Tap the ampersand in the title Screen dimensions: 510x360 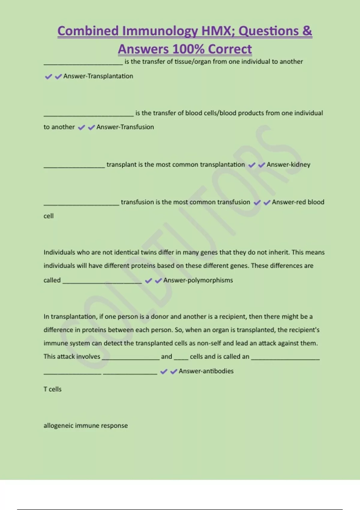[307, 31]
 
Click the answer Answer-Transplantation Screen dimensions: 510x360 [98, 76]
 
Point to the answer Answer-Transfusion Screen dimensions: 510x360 [125, 127]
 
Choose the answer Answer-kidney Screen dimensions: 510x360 [288, 165]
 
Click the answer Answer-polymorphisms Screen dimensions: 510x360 [198, 280]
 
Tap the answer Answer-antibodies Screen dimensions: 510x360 [206, 371]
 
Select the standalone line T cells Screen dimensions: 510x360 [52, 389]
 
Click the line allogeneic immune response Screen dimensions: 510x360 [85, 425]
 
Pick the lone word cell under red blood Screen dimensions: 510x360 [49, 216]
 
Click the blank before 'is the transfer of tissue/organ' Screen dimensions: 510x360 [83, 63]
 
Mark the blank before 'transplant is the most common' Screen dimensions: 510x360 [74, 166]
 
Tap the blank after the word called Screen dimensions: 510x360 [102, 282]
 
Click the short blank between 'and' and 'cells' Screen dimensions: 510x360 [181, 358]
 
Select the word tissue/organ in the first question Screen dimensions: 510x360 [193, 61]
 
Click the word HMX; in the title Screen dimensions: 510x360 [218, 31]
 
